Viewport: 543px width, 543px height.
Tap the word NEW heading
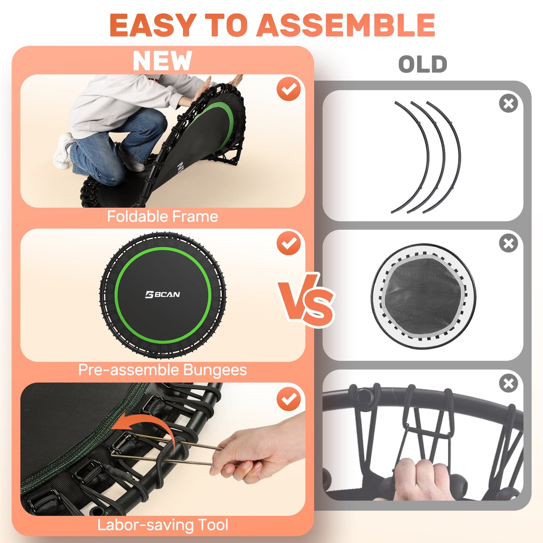coord(162,61)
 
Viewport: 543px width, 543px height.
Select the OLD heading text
coord(422,64)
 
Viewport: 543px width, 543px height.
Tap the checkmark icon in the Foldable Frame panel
coord(289,89)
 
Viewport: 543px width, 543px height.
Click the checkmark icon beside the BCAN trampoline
coord(289,243)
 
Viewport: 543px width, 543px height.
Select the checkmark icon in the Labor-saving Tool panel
coord(289,399)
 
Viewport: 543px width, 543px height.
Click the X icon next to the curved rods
coord(508,103)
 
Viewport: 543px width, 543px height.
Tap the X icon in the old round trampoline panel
coord(508,244)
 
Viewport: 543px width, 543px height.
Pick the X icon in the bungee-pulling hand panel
coord(508,384)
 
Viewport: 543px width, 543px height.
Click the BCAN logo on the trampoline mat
coord(162,295)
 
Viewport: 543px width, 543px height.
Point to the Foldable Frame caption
coord(162,216)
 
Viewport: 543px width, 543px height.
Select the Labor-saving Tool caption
coord(162,525)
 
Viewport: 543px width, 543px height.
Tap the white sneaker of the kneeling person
coord(63,150)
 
